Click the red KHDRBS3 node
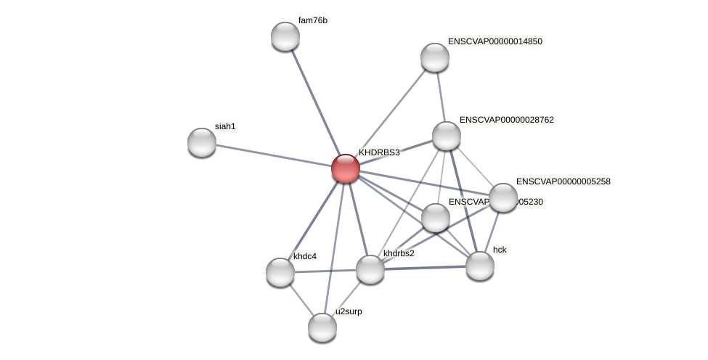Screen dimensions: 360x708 point(346,168)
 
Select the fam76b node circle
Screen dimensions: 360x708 point(285,36)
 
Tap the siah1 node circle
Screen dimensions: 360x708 point(202,142)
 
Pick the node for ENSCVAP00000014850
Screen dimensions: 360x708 point(435,57)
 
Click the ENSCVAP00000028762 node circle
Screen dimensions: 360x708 point(447,136)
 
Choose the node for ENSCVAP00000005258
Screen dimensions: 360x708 point(503,197)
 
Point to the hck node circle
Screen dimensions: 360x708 point(479,265)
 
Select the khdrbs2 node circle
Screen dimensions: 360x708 point(370,269)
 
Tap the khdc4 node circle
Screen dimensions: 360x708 point(280,271)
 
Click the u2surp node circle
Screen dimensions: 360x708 point(322,327)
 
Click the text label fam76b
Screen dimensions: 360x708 point(313,20)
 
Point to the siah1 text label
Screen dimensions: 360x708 point(225,126)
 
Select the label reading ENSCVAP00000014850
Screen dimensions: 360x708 point(495,41)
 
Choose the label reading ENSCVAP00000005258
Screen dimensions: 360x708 point(563,181)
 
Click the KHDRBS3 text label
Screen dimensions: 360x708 point(379,152)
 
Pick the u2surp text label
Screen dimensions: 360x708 point(349,311)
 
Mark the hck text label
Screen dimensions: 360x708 point(500,250)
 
